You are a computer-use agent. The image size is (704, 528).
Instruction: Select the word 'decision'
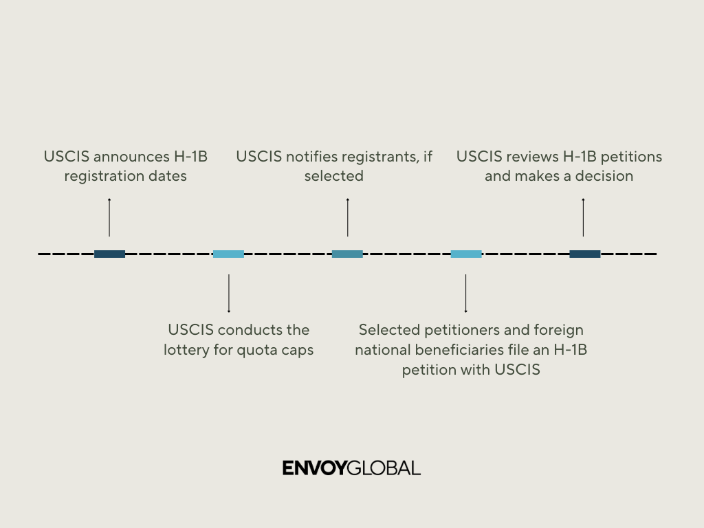[x=604, y=176]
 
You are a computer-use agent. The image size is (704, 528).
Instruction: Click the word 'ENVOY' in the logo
[x=315, y=469]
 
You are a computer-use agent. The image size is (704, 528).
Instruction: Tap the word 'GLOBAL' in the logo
[x=384, y=469]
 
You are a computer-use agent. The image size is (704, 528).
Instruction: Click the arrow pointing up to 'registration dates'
[x=109, y=217]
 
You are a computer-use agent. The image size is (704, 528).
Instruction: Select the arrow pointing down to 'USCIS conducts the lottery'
[x=228, y=294]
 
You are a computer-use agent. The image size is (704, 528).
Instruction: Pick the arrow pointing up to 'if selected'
[x=347, y=217]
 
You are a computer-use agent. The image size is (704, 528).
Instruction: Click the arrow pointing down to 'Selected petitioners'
[x=466, y=294]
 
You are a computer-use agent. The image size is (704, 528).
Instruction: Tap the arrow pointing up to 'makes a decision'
[x=584, y=217]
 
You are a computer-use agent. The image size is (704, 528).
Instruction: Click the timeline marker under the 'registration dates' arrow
[x=109, y=254]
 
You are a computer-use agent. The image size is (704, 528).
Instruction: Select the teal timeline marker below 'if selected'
[x=347, y=254]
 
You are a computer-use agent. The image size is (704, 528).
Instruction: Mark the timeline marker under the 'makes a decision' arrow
[x=584, y=254]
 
